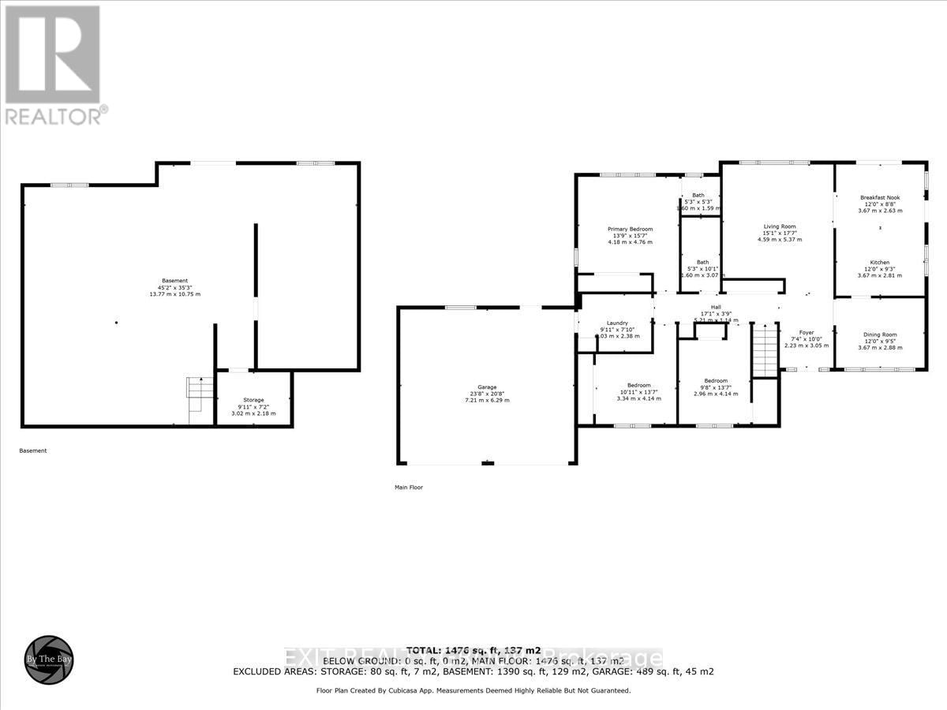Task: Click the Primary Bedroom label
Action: (630, 230)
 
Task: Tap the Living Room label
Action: (779, 226)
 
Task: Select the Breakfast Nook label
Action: (880, 197)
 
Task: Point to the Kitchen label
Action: (880, 263)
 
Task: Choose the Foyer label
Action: (806, 333)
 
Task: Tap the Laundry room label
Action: (617, 323)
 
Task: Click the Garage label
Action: (487, 387)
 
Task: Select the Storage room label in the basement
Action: (253, 400)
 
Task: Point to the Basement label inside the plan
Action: (175, 281)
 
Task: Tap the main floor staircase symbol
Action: (765, 349)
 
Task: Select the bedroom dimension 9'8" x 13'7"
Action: (716, 387)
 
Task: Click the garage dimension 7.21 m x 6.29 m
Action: (487, 400)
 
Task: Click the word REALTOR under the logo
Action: (52, 115)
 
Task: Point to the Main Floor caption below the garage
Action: (409, 488)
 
